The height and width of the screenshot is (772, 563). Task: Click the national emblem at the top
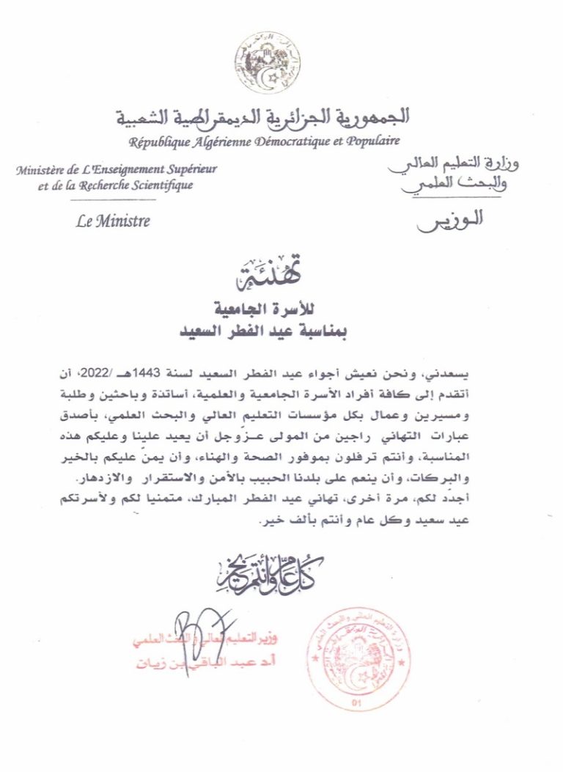coord(268,63)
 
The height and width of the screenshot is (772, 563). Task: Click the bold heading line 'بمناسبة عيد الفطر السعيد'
coord(264,331)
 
